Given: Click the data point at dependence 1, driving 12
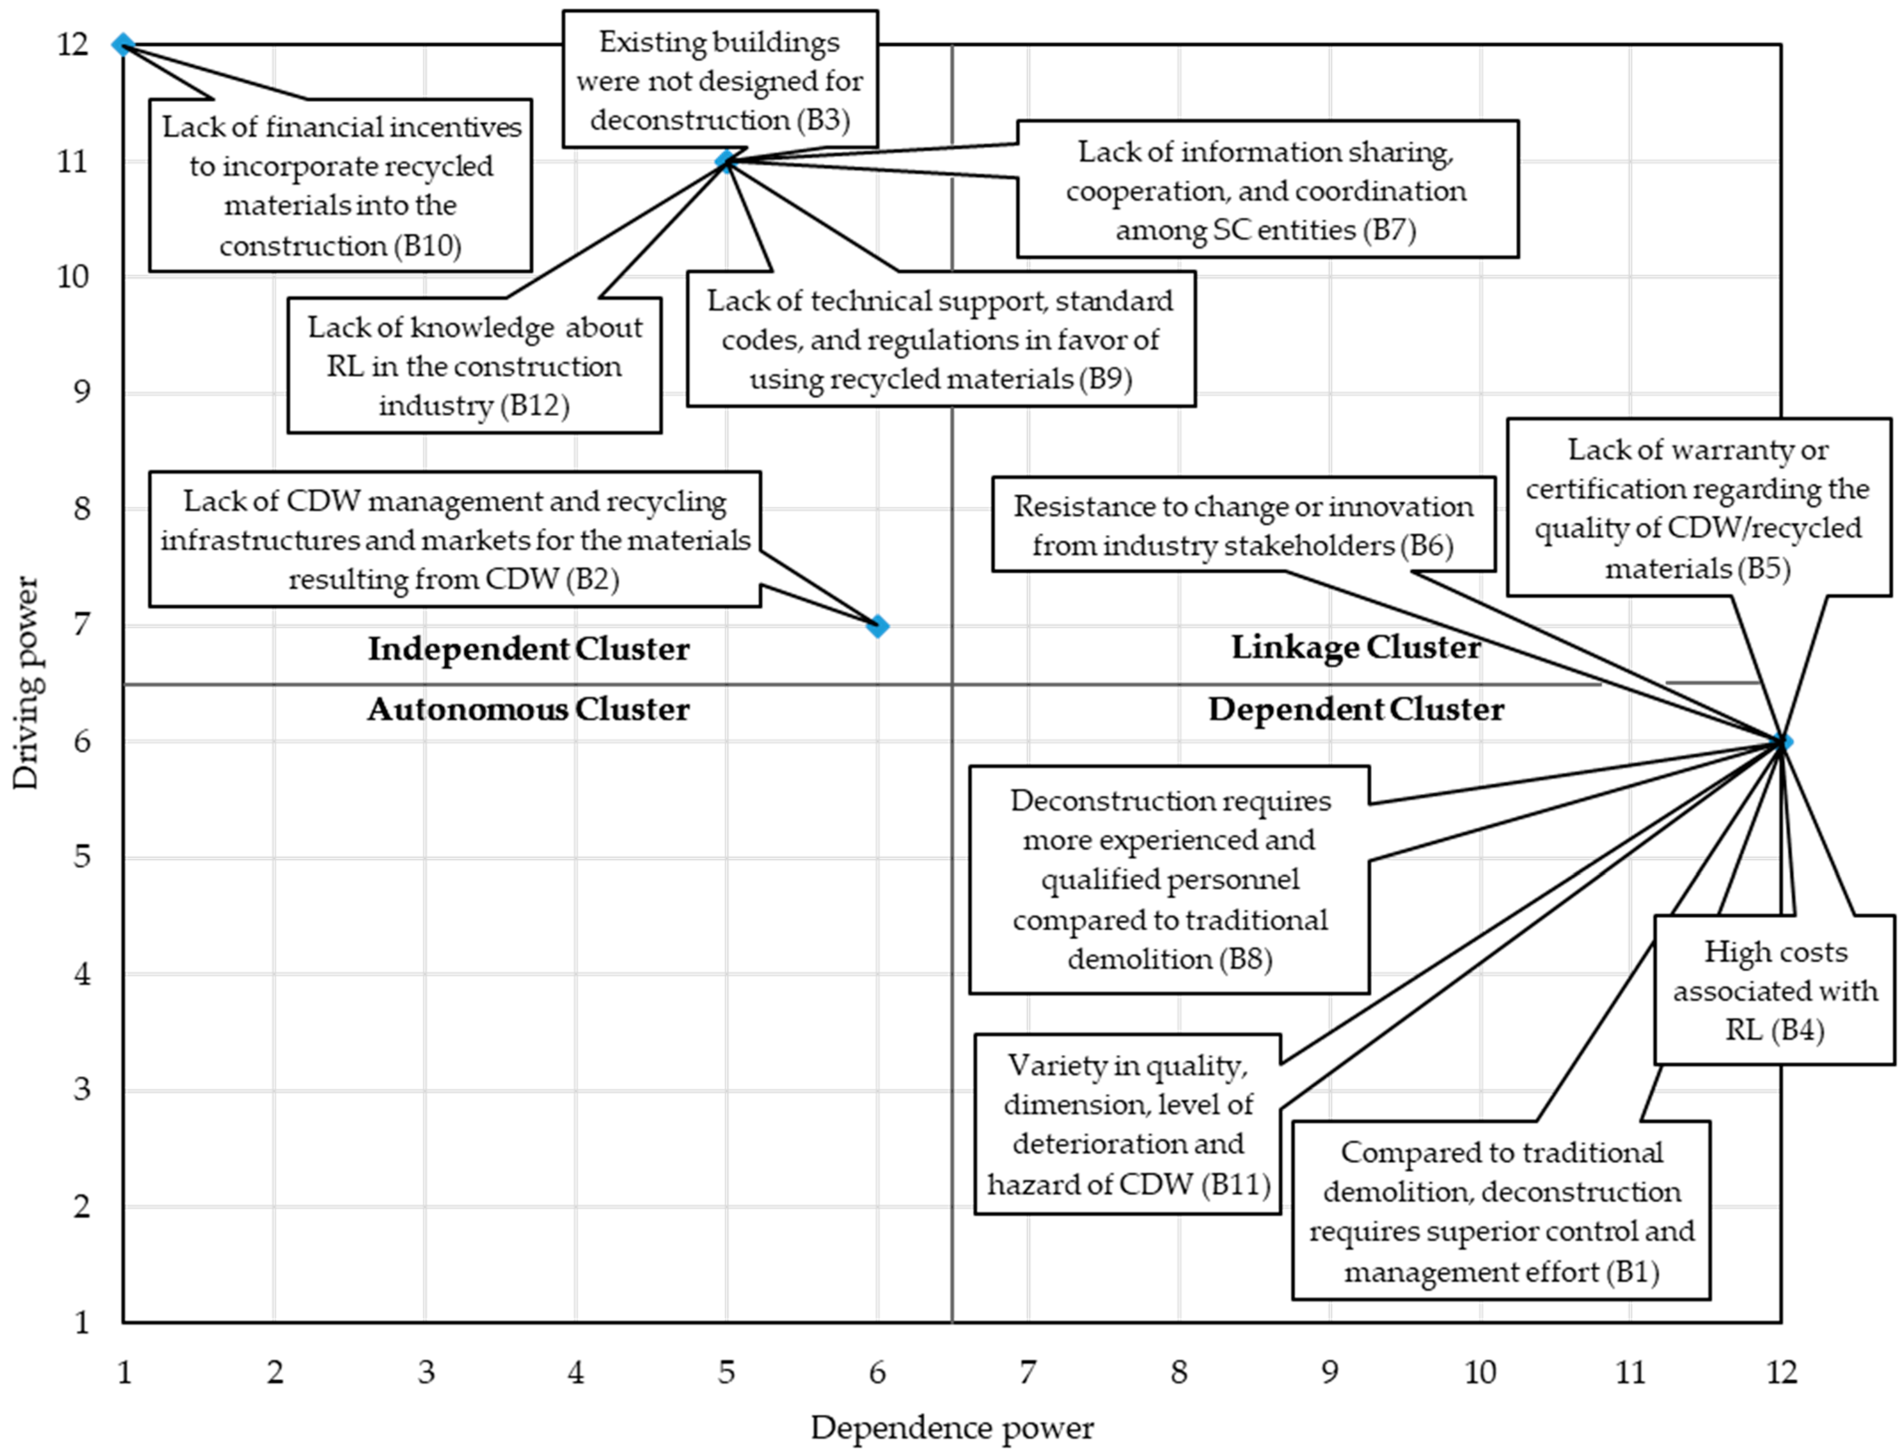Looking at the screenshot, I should pos(124,44).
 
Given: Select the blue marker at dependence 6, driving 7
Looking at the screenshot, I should pos(877,626).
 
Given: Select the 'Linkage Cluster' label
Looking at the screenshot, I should pos(1355,646).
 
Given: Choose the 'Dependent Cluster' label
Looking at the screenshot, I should pos(1355,709).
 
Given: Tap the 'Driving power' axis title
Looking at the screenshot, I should pos(26,684).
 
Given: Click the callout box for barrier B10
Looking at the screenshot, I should pos(340,185).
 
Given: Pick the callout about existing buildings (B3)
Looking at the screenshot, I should pos(720,80).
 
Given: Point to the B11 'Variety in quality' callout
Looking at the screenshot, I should pos(1128,1123).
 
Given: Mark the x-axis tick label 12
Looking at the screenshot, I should pos(1781,1372).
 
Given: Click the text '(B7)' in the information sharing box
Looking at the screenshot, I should pos(1388,230).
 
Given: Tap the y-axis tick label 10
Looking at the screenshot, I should pos(73,277).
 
